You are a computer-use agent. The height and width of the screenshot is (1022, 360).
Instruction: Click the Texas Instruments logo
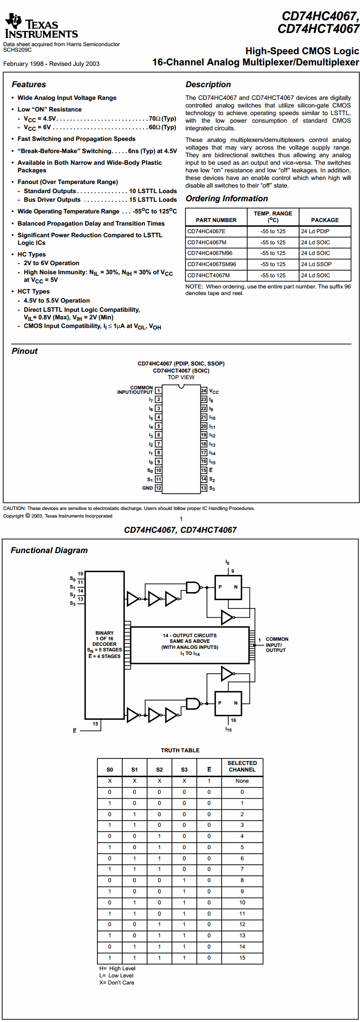41,26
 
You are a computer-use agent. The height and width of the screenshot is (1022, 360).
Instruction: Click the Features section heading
29,85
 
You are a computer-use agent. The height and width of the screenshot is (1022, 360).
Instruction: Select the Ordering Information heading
227,199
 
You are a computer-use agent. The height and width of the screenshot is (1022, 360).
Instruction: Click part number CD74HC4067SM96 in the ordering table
212,264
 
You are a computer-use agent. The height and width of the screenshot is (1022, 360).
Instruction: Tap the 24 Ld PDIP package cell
315,231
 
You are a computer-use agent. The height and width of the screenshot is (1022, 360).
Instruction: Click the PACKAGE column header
325,220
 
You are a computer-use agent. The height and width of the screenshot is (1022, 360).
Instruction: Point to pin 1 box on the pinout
158,391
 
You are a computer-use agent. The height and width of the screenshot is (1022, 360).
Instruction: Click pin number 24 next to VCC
204,391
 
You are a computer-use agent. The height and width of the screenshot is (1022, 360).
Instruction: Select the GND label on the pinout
148,488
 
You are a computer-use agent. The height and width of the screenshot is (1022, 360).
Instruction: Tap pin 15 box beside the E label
204,470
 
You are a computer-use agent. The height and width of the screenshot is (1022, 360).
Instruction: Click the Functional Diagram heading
49,551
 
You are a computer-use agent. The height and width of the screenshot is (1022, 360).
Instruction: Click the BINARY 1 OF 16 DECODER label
104,639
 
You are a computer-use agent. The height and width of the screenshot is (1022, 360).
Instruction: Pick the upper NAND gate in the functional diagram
193,588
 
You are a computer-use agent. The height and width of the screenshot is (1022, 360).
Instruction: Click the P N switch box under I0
228,587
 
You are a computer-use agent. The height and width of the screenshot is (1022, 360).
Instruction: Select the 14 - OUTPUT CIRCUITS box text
190,645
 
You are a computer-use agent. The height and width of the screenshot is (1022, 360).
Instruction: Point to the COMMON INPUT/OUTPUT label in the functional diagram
277,645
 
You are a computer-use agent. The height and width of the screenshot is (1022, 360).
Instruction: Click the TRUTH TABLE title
180,750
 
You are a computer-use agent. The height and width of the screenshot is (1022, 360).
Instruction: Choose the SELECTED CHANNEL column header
242,766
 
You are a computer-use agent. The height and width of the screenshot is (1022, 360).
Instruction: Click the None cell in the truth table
242,781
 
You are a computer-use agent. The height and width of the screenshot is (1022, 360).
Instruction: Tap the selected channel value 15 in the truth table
242,958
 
